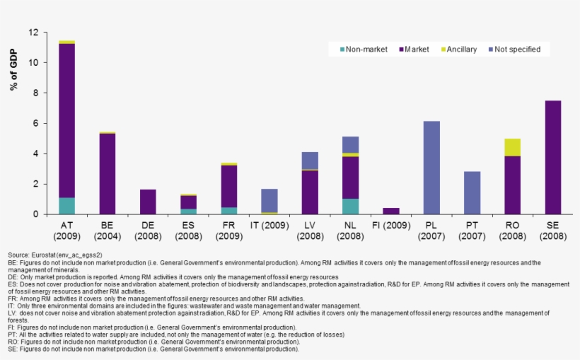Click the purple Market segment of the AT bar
(67, 120)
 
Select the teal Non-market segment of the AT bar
(67, 206)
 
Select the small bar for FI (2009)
(390, 211)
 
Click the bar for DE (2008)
(148, 202)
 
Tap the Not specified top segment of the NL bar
(350, 144)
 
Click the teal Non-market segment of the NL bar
(350, 207)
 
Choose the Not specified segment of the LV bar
(310, 161)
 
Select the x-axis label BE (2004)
(108, 229)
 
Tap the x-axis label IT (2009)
(269, 224)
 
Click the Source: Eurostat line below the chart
(54, 255)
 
